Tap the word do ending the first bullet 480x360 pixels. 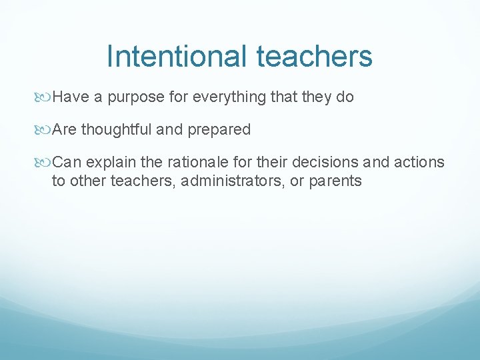[345, 97]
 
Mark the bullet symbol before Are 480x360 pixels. [45, 130]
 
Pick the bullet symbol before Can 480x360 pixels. [45, 163]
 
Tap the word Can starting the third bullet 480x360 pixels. [66, 162]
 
